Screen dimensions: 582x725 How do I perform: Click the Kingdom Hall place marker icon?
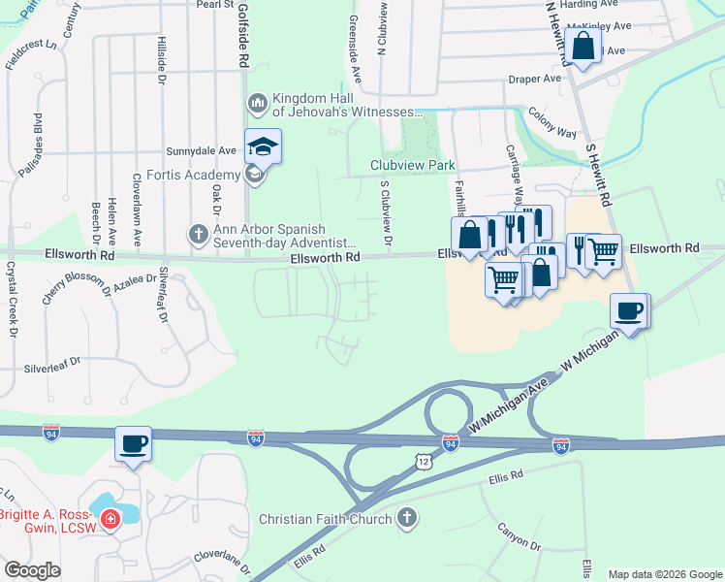pyautogui.click(x=257, y=103)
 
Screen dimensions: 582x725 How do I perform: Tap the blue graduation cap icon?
pyautogui.click(x=263, y=146)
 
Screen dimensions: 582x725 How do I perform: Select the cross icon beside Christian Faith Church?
pyautogui.click(x=407, y=518)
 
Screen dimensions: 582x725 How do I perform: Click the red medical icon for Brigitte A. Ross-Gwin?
pyautogui.click(x=110, y=520)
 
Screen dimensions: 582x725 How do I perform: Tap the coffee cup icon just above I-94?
pyautogui.click(x=134, y=444)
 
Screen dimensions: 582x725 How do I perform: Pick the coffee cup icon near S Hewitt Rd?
pyautogui.click(x=628, y=311)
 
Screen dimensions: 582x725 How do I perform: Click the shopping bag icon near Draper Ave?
pyautogui.click(x=583, y=45)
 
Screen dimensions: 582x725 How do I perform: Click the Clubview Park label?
pyautogui.click(x=412, y=165)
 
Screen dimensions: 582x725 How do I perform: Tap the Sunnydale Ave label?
pyautogui.click(x=202, y=151)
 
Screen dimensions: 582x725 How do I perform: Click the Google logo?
pyautogui.click(x=33, y=570)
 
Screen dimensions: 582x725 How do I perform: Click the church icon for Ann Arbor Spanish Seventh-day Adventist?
pyautogui.click(x=198, y=234)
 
